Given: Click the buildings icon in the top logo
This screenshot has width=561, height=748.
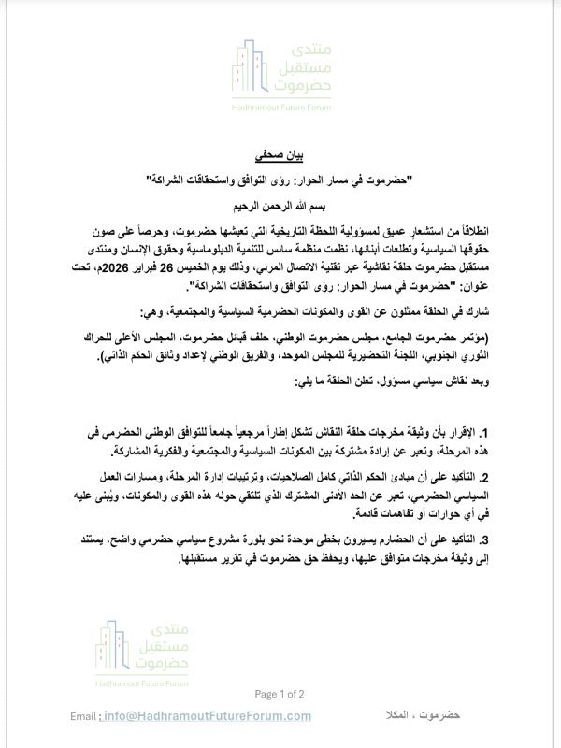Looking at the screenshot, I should [254, 70].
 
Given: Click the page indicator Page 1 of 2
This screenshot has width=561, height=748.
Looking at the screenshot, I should [280, 694].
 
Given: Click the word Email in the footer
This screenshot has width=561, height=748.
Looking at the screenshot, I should [85, 716].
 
